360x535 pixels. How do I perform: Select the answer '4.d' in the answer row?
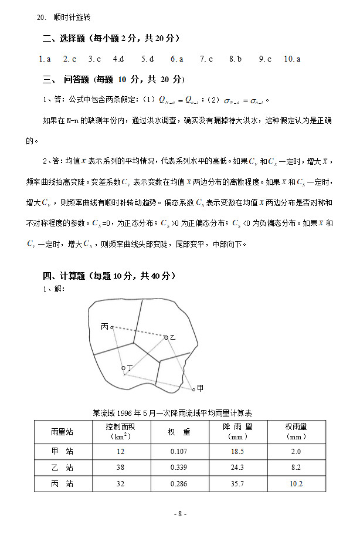[118, 59]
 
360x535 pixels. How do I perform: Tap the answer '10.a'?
[292, 59]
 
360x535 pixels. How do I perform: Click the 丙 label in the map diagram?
[104, 326]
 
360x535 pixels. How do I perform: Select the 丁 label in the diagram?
[130, 368]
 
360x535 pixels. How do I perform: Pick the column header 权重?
[179, 432]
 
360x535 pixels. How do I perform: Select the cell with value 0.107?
[179, 451]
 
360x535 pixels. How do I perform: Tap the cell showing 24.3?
[237, 468]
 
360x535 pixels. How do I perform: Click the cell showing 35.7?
[237, 484]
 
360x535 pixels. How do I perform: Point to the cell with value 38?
[121, 468]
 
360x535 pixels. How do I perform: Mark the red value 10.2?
[296, 484]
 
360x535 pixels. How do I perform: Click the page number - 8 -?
[180, 514]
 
